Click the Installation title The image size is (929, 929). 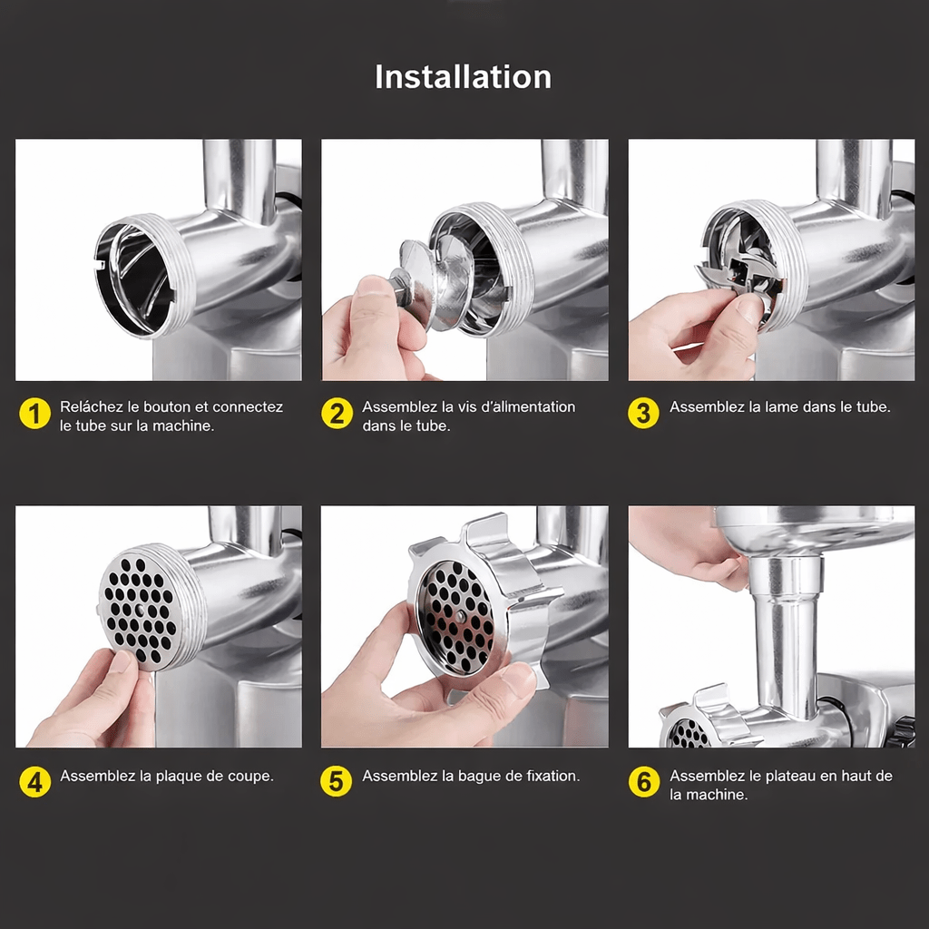pos(463,77)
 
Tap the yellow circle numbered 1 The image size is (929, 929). pos(35,413)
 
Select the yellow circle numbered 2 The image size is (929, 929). pos(337,413)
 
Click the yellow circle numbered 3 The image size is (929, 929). pos(643,413)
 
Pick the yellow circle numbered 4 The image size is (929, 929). pos(35,781)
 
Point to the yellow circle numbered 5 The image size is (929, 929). pos(337,781)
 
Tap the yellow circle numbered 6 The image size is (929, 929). pos(644,781)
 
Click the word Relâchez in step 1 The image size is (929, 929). pos(92,407)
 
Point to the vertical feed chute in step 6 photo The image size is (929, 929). pos(787,634)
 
